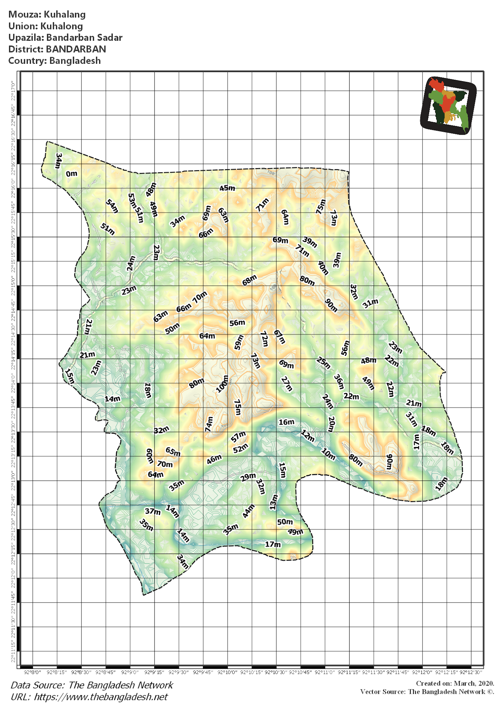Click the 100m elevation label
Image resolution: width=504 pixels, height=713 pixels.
222,384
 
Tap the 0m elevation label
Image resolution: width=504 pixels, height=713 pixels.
72,174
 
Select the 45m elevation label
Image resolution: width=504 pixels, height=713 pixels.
227,188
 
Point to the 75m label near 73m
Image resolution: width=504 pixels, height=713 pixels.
321,206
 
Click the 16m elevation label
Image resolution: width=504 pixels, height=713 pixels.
286,422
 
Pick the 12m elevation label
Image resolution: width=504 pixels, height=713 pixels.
308,436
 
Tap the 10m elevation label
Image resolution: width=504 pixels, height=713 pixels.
328,454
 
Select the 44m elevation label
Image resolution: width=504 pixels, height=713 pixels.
249,511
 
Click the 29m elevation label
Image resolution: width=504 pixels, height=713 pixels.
248,477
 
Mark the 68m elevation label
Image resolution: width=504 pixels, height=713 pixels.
250,280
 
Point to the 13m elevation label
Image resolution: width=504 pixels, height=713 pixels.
274,502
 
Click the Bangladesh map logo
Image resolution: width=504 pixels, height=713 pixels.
448,105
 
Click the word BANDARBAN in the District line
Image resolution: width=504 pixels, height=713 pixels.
76,49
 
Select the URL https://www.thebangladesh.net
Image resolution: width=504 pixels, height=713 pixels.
101,697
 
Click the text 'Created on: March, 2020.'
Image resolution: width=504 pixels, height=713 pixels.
455,683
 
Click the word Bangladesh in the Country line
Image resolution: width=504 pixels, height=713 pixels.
75,61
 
